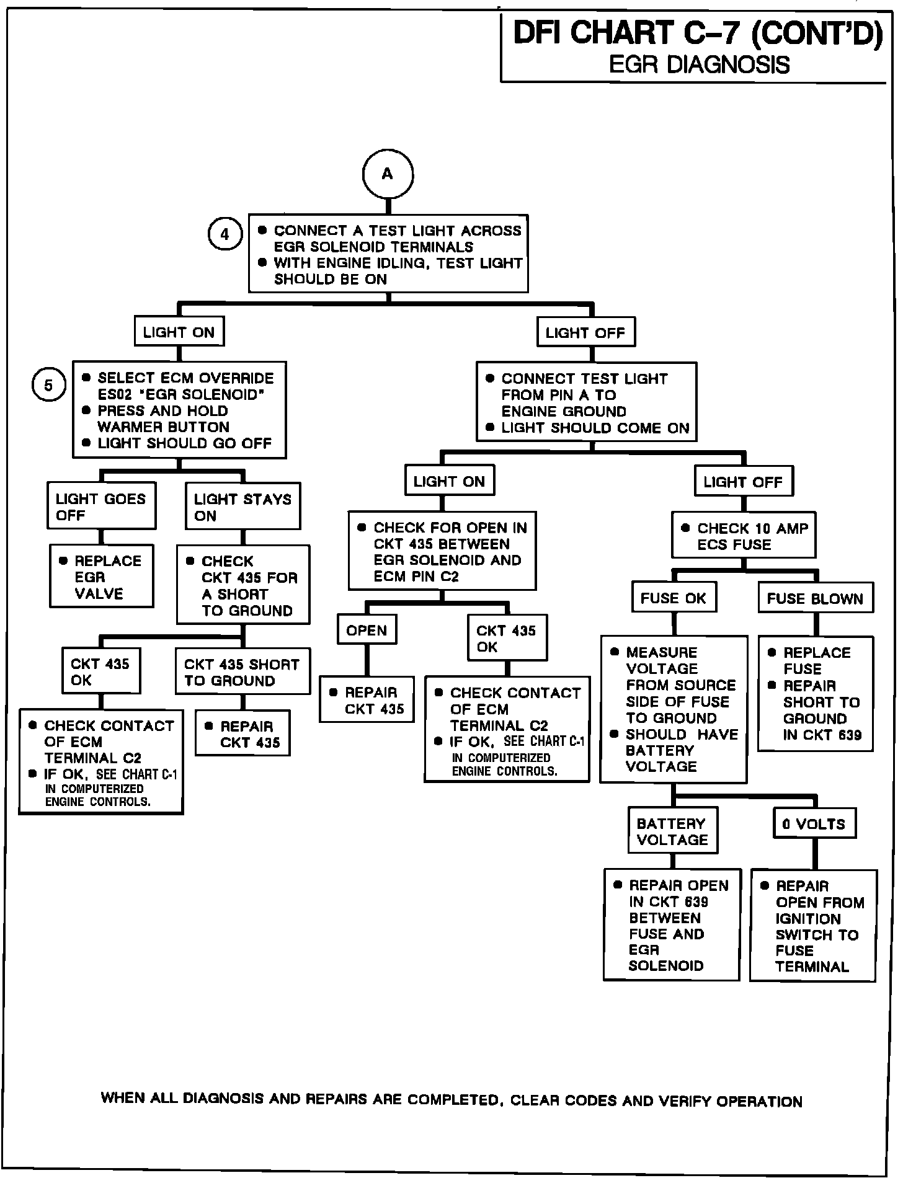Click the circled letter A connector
[388, 174]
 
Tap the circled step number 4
[225, 235]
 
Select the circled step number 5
[48, 386]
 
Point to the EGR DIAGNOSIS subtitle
[699, 64]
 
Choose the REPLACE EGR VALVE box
[101, 576]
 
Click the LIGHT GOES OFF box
[101, 507]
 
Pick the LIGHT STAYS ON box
[242, 507]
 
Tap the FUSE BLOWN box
[815, 598]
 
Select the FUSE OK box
[674, 598]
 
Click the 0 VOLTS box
[814, 824]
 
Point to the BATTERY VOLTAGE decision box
[672, 831]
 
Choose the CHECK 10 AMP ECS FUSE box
[744, 536]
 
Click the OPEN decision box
[367, 630]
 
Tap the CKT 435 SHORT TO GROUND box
[242, 671]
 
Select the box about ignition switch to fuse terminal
[813, 925]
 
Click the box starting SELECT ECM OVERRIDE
[179, 410]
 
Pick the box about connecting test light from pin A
[586, 402]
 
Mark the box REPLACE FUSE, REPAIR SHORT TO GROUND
[815, 693]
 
